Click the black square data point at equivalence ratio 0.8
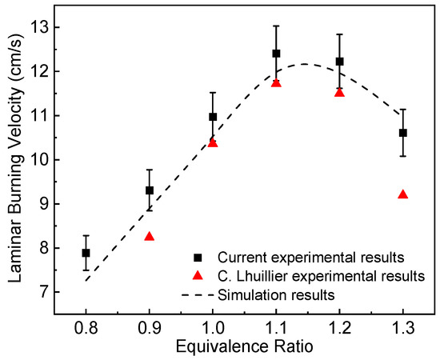coord(86,253)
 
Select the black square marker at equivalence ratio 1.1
coord(276,54)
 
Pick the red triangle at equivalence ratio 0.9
coord(149,237)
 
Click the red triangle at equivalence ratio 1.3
coord(402,194)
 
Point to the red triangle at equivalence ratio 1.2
coord(339,93)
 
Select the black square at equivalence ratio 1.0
coord(213,117)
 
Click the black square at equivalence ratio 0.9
coord(149,190)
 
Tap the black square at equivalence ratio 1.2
coord(339,62)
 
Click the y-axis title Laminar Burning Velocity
coord(16,160)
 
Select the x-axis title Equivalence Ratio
coord(244,346)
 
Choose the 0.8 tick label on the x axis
coord(86,326)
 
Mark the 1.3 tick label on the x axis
coord(402,326)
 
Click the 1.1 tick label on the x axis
coord(276,326)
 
